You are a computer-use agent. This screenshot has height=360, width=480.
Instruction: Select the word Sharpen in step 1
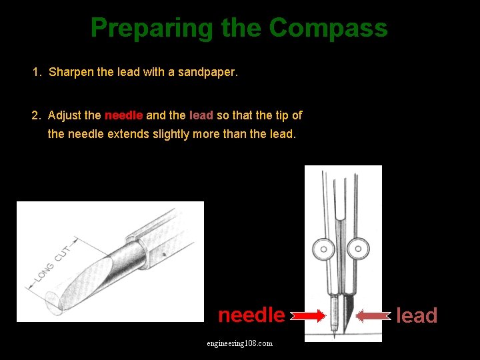click(x=71, y=71)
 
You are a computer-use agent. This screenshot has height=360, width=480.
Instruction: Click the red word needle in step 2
click(x=123, y=115)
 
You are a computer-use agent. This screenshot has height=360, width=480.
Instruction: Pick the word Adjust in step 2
click(x=65, y=115)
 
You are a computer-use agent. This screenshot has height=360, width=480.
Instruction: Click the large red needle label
click(x=251, y=315)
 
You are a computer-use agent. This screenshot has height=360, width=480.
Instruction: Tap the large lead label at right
click(x=417, y=315)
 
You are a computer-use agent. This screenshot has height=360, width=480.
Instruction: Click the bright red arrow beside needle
click(x=310, y=315)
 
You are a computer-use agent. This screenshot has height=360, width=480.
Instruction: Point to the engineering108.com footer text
click(x=239, y=343)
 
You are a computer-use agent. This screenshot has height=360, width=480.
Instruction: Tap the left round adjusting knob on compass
click(x=324, y=249)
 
